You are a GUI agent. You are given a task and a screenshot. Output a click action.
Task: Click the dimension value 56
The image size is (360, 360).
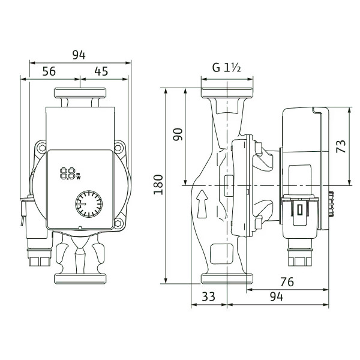pyautogui.click(x=49, y=71)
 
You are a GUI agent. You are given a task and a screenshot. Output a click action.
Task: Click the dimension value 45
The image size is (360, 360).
pyautogui.click(x=101, y=71)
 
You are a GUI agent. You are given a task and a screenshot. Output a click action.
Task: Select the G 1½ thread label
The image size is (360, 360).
pyautogui.click(x=226, y=68)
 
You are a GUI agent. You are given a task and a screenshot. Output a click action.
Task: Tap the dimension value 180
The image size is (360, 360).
pyautogui.click(x=158, y=185)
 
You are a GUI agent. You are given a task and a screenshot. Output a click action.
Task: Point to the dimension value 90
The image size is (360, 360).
pyautogui.click(x=178, y=134)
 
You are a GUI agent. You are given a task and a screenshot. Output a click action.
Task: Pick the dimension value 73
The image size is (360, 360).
pyautogui.click(x=341, y=146)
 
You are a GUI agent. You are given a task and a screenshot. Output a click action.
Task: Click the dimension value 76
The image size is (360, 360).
pyautogui.click(x=287, y=282)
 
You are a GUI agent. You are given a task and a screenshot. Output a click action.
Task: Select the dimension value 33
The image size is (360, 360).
pyautogui.click(x=208, y=296)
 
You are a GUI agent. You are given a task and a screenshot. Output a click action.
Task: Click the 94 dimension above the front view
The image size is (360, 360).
pyautogui.click(x=79, y=55)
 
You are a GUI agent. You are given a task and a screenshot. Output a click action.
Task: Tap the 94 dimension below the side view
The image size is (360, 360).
pyautogui.click(x=277, y=296)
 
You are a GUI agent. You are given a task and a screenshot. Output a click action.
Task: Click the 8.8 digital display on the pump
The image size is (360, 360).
pyautogui.click(x=70, y=174)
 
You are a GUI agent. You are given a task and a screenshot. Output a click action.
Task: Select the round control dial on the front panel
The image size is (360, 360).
pyautogui.click(x=89, y=204)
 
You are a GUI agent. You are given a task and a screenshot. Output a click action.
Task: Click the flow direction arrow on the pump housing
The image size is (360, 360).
pyautogui.click(x=202, y=204)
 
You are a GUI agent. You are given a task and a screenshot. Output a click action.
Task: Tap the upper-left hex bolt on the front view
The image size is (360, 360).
pyautogui.click(x=42, y=148)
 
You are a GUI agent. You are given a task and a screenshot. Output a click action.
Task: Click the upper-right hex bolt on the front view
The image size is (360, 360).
pyautogui.click(x=118, y=148)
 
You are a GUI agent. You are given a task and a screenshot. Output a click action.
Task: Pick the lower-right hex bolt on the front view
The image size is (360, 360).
pyautogui.click(x=118, y=223)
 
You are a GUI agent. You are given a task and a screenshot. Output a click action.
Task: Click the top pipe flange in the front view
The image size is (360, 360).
pyautogui.click(x=80, y=93)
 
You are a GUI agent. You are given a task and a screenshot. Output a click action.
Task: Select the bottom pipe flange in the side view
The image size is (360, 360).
pyautogui.click(x=227, y=278)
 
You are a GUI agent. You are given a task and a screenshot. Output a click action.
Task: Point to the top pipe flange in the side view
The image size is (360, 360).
pyautogui.click(x=227, y=93)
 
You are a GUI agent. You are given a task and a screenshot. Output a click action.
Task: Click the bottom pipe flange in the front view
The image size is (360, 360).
pyautogui.click(x=80, y=279)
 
